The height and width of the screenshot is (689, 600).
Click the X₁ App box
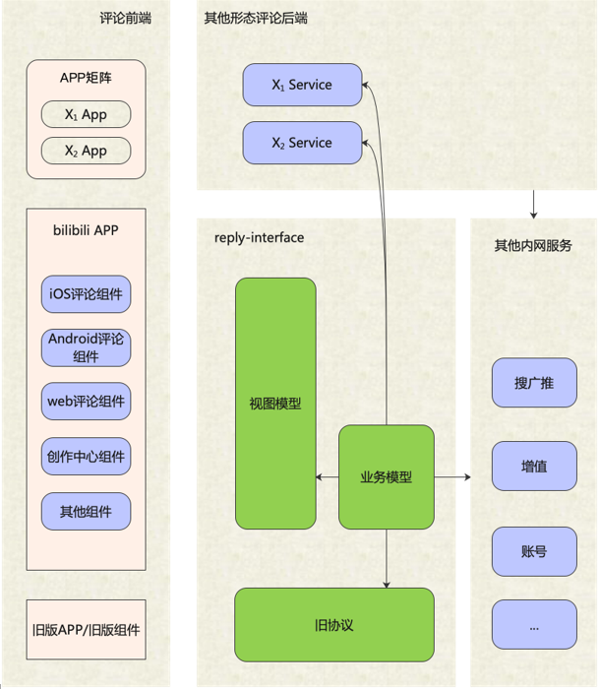86,115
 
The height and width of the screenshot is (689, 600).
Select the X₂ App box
86,151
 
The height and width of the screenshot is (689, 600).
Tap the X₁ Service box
302,85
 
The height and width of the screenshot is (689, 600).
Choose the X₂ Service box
302,143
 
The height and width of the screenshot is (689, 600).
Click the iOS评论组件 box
86,294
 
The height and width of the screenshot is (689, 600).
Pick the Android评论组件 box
86,346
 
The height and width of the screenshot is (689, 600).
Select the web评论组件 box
86,402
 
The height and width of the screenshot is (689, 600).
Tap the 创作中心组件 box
86,457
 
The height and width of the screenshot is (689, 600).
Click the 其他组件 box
86,512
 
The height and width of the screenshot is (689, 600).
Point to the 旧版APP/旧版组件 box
86,627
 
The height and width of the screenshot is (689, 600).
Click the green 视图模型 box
275,404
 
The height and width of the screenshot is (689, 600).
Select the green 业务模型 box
386,477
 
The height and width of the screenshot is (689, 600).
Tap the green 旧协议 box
333,625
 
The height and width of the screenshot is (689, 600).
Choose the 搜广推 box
533,383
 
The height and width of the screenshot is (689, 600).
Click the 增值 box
533,467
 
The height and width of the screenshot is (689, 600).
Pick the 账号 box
533,551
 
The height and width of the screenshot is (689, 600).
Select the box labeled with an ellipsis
533,625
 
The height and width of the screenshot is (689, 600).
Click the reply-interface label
259,238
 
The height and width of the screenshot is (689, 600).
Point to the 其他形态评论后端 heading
257,19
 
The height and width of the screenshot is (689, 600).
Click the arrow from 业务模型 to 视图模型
328,477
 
